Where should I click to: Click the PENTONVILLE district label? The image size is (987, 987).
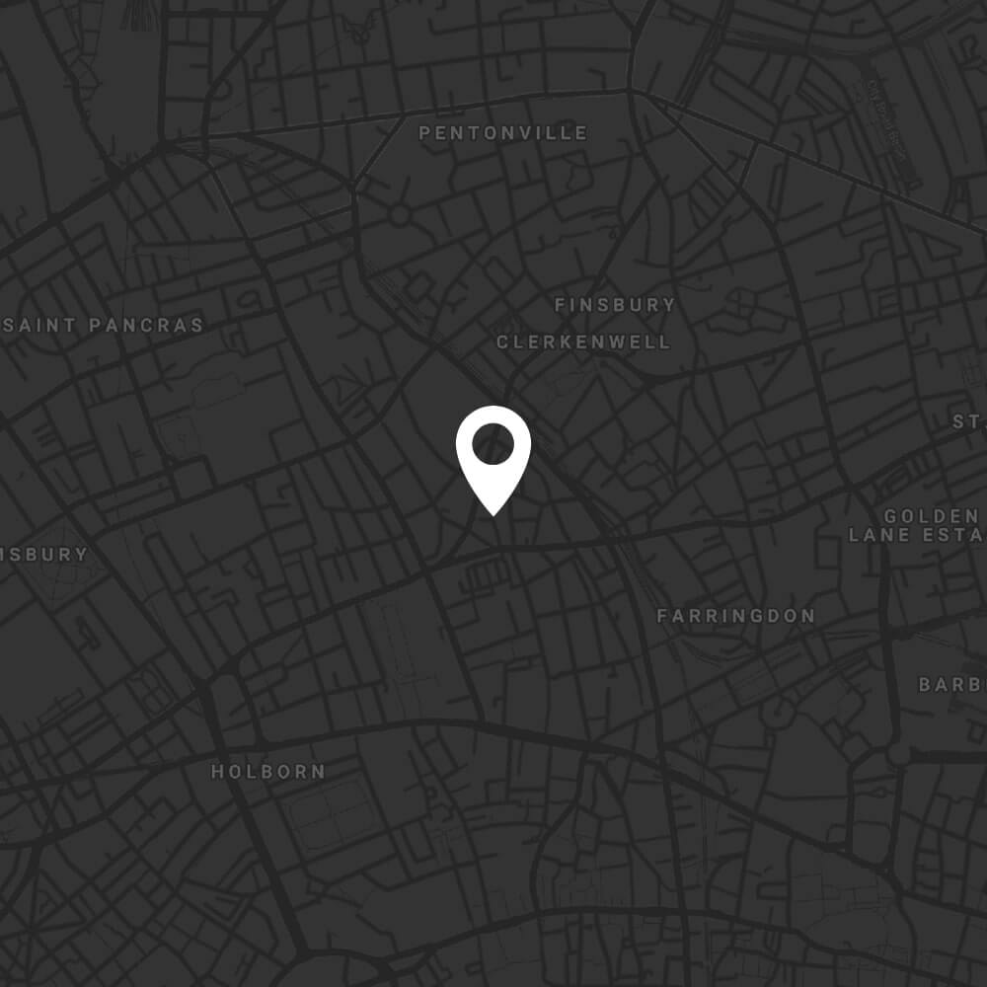click(503, 133)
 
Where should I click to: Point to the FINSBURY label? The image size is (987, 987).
click(615, 305)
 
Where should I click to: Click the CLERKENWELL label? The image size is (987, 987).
click(583, 342)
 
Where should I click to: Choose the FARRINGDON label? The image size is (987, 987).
click(736, 616)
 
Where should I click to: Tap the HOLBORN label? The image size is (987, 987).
click(268, 772)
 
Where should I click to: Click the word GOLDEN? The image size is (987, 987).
click(931, 516)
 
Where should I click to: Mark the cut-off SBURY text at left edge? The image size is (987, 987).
click(44, 555)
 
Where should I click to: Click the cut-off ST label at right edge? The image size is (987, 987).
click(969, 421)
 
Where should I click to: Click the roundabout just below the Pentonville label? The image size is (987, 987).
click(399, 214)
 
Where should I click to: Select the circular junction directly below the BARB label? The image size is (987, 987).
click(898, 754)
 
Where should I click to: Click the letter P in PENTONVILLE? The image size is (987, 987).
click(425, 133)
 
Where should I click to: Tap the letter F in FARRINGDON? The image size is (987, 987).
click(663, 616)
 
